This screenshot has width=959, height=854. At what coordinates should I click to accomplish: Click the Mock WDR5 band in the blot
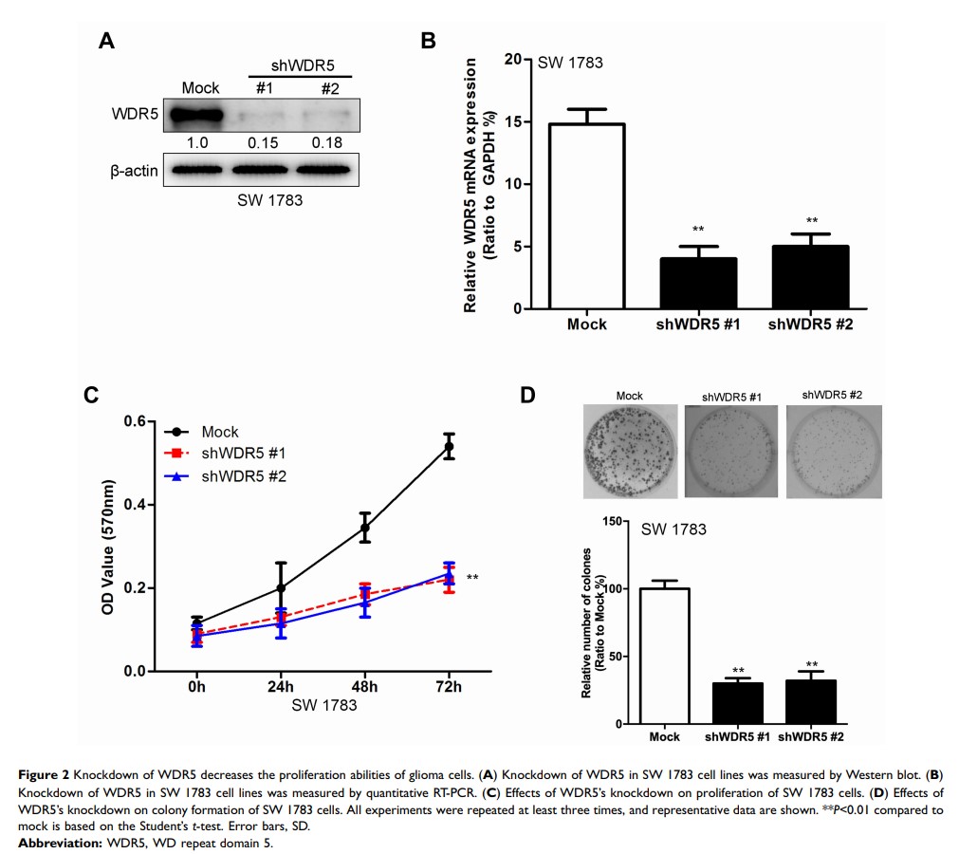click(x=195, y=117)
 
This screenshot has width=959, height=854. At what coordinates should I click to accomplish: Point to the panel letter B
click(x=429, y=41)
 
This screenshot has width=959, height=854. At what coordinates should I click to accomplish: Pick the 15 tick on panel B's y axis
click(x=513, y=121)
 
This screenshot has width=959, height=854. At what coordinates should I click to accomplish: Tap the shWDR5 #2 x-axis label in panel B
click(x=811, y=325)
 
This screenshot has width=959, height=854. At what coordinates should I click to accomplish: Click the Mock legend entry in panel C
click(x=219, y=432)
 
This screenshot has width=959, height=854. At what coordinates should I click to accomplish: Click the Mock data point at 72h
click(x=449, y=446)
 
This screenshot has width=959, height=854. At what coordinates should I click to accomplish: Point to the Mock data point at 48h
click(x=364, y=528)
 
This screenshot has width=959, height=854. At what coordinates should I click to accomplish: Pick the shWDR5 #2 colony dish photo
click(x=834, y=452)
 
